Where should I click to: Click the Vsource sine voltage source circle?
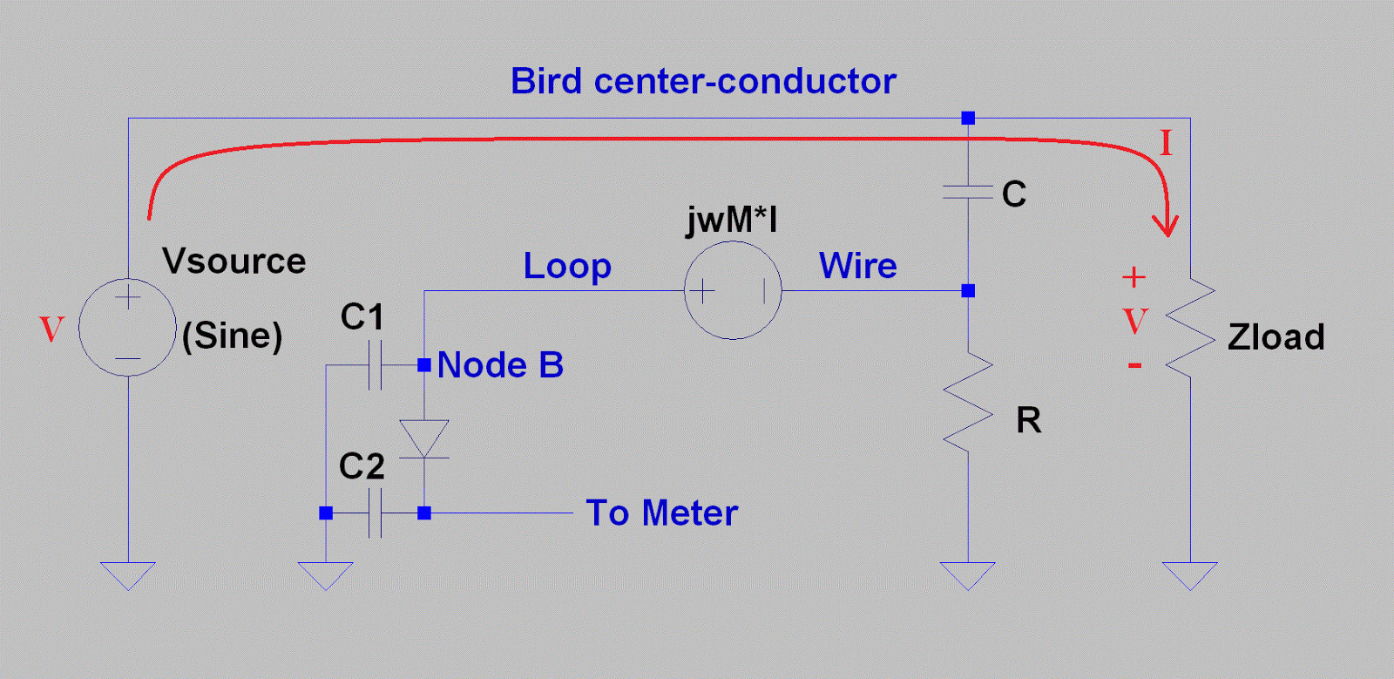[127, 328]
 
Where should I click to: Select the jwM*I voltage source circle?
[733, 290]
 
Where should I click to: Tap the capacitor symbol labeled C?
[968, 192]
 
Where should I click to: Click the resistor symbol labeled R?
[968, 402]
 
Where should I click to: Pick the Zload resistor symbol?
[1190, 329]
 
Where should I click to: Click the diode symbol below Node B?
[424, 438]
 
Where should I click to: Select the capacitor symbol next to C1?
[376, 365]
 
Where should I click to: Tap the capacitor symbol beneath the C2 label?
[376, 513]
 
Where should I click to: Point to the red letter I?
[1166, 143]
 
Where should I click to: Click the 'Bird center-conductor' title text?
[703, 81]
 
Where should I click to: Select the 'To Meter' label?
[662, 513]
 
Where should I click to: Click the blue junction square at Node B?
[424, 365]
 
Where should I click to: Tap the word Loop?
[567, 266]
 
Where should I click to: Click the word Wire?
[858, 266]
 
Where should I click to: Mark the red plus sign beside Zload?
[1133, 277]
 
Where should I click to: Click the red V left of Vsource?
[52, 329]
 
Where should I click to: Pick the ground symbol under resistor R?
[968, 575]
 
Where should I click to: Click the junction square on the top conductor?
[968, 118]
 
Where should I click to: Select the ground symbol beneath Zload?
[1190, 575]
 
